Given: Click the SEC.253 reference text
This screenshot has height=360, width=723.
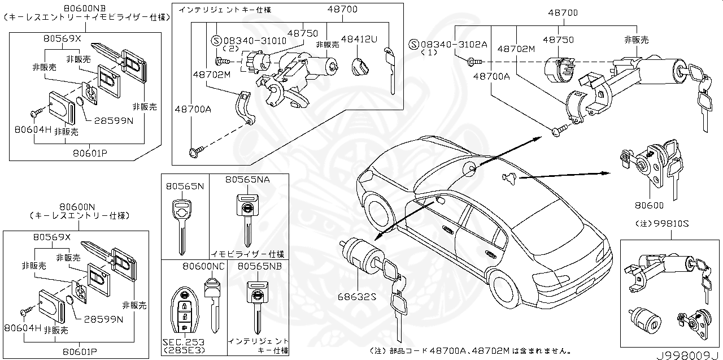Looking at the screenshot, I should point(183,342).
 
